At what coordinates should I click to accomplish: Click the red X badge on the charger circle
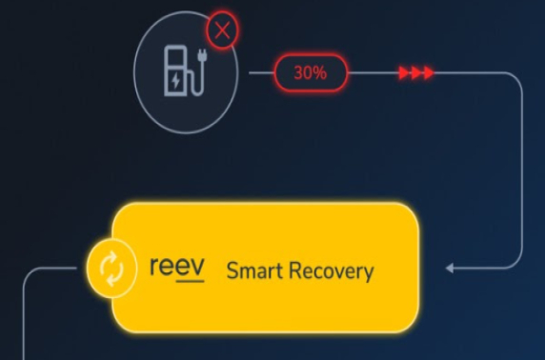pyautogui.click(x=223, y=31)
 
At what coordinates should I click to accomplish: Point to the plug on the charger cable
pyautogui.click(x=204, y=58)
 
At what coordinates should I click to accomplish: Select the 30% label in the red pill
pyautogui.click(x=311, y=72)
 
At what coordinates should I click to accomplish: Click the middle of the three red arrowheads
pyautogui.click(x=415, y=72)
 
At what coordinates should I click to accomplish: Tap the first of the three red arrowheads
pyautogui.click(x=404, y=72)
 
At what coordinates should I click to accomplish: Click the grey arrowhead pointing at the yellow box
pyautogui.click(x=451, y=269)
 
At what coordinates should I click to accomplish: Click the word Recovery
pyautogui.click(x=333, y=271)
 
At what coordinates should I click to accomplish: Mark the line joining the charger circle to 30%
pyautogui.click(x=261, y=72)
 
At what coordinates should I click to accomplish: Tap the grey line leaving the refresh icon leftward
pyautogui.click(x=57, y=270)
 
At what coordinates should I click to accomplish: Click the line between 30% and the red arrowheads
pyautogui.click(x=372, y=72)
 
